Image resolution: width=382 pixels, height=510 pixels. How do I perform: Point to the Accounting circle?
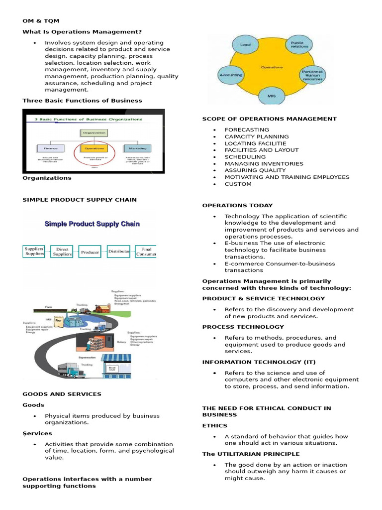click(231, 75)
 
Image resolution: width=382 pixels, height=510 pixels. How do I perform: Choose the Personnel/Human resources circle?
click(313, 75)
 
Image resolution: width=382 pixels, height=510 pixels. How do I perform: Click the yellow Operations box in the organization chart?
click(94, 148)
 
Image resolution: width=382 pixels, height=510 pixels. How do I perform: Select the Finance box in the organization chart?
click(50, 148)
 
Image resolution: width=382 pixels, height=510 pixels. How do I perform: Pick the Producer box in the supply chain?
click(90, 253)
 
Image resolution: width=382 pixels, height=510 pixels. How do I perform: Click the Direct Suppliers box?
click(63, 251)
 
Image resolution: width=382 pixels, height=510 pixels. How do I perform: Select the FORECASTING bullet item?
click(247, 129)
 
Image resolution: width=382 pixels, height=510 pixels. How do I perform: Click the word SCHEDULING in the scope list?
click(245, 157)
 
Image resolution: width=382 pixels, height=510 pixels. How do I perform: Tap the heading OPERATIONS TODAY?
click(237, 205)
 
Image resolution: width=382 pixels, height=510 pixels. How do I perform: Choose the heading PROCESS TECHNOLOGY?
click(243, 327)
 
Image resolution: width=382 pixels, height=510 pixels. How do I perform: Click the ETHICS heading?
click(214, 426)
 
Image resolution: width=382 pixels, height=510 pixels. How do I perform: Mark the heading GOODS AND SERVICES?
click(62, 394)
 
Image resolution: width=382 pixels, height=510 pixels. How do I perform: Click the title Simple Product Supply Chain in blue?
click(92, 224)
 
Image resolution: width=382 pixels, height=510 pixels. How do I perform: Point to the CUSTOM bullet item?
click(238, 184)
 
